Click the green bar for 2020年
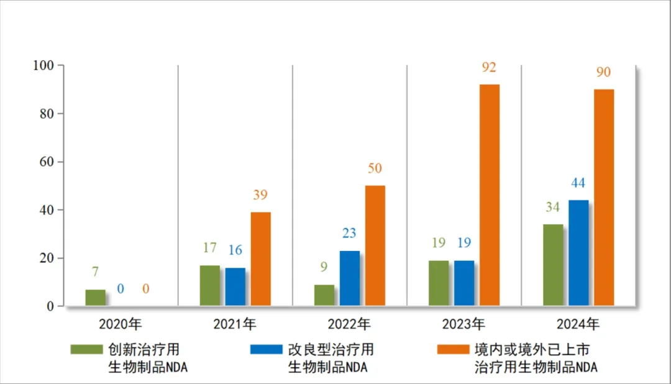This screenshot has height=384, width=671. [x=95, y=298]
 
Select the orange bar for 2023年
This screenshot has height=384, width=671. [x=490, y=195]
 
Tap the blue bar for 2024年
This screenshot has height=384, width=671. [x=578, y=253]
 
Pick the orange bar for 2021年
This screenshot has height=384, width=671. [x=260, y=259]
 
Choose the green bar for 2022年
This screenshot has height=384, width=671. [x=324, y=295]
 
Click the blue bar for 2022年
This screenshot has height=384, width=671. [x=350, y=278]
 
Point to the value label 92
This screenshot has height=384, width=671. [x=489, y=68]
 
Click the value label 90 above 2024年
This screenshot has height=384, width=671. [x=603, y=73]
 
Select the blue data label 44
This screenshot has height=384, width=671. [x=578, y=183]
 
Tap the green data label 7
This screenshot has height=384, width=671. [x=95, y=272]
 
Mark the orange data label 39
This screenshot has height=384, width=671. [x=260, y=195]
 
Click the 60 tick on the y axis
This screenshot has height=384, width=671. [x=47, y=162]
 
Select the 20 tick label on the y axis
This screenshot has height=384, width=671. [x=47, y=258]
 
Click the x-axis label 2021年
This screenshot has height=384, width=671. [x=234, y=324]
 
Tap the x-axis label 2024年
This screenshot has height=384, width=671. [x=578, y=324]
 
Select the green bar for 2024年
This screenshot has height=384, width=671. [x=553, y=265]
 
